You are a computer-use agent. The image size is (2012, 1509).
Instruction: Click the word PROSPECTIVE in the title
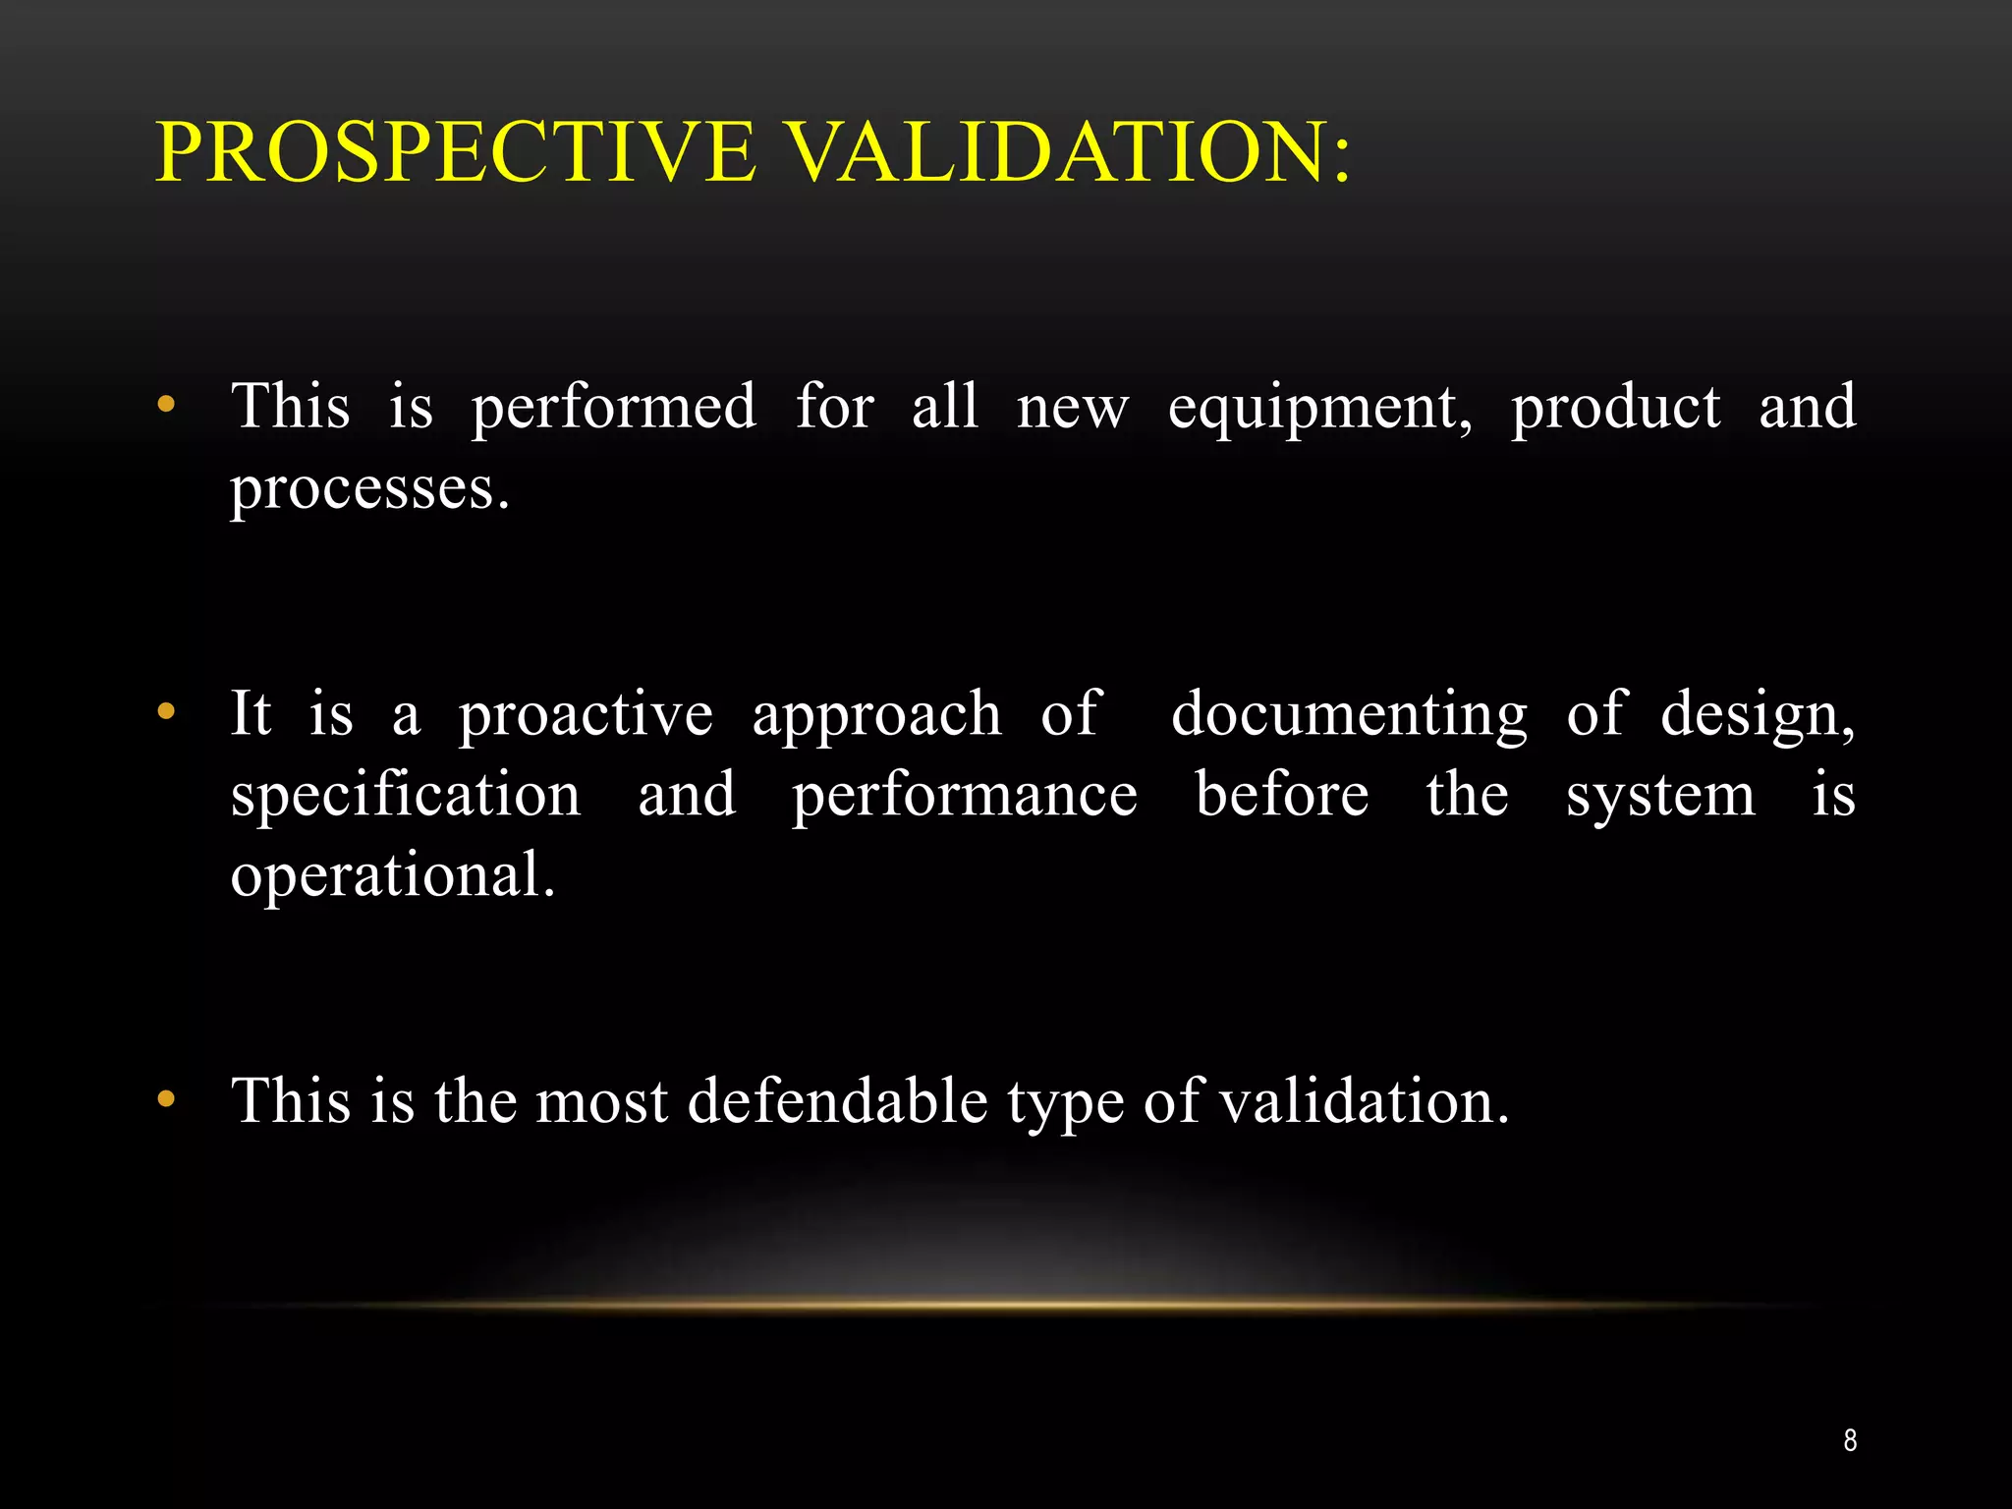pyautogui.click(x=457, y=152)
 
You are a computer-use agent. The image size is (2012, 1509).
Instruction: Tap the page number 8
pyautogui.click(x=1850, y=1440)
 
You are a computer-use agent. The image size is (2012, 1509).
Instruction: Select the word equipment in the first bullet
pyautogui.click(x=1319, y=409)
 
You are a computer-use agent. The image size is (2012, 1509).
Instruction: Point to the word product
pyautogui.click(x=1615, y=409)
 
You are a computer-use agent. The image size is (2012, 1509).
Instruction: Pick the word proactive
pyautogui.click(x=586, y=716)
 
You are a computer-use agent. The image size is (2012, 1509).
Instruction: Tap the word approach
pyautogui.click(x=876, y=716)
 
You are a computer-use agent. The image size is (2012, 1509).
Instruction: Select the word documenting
pyautogui.click(x=1349, y=716)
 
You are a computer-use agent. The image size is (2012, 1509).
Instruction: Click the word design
pyautogui.click(x=1758, y=716)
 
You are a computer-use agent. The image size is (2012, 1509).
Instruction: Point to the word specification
pyautogui.click(x=406, y=796)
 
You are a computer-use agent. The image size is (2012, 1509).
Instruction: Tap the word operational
pyautogui.click(x=392, y=876)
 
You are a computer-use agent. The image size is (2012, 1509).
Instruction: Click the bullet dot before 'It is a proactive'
pyautogui.click(x=166, y=711)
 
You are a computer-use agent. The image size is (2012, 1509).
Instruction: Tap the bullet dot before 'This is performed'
pyautogui.click(x=166, y=404)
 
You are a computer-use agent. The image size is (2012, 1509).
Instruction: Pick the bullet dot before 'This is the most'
pyautogui.click(x=166, y=1099)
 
